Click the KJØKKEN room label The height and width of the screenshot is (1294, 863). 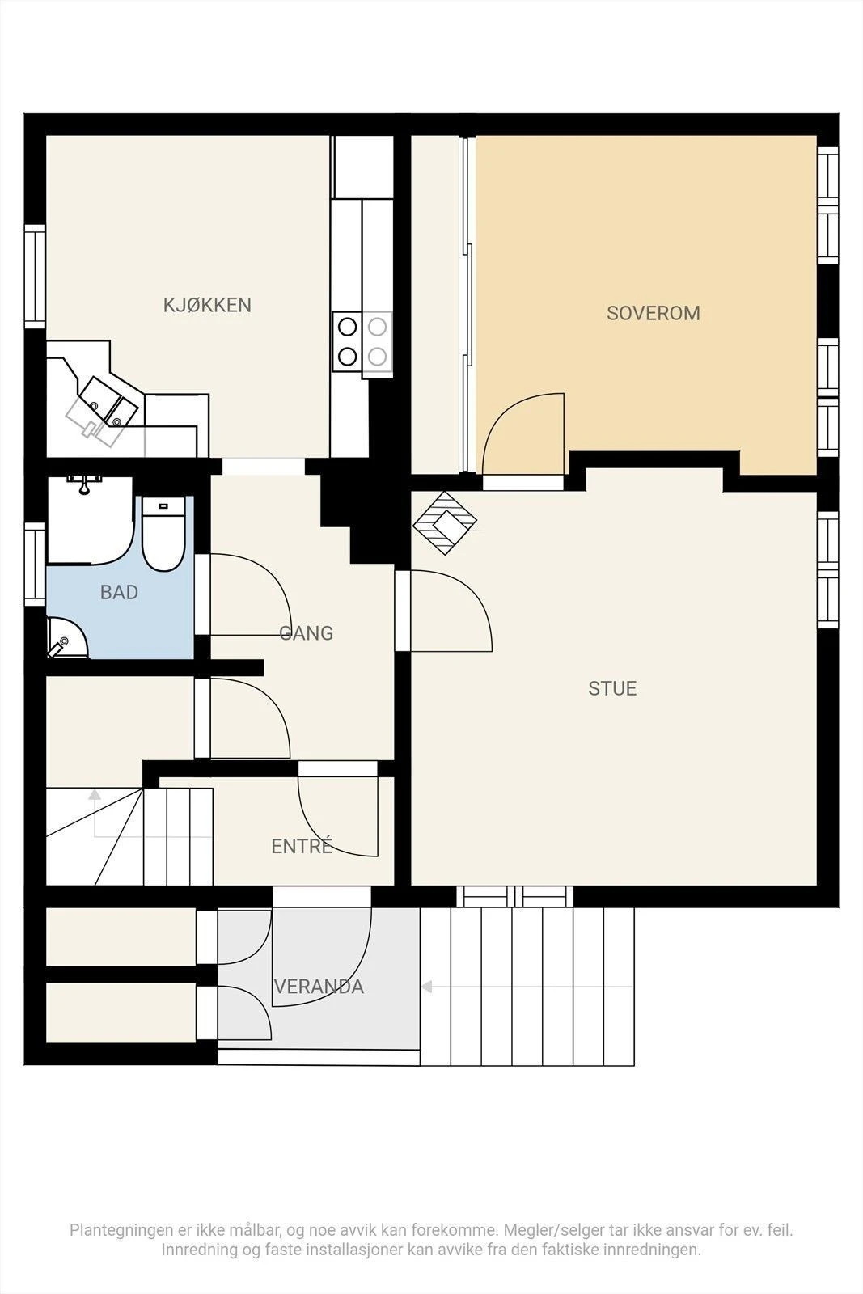[x=207, y=305]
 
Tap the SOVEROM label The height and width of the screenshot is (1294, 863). [x=654, y=313]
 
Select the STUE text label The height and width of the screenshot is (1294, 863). [x=612, y=688]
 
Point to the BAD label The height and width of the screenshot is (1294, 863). [x=119, y=592]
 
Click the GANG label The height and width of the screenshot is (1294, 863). [x=307, y=633]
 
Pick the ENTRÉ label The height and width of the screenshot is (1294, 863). [x=302, y=846]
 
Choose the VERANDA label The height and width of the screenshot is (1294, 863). [x=319, y=987]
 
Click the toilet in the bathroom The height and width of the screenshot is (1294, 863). [x=163, y=535]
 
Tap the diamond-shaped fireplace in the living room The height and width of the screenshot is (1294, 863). [x=445, y=522]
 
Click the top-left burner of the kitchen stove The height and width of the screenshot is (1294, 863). [x=347, y=327]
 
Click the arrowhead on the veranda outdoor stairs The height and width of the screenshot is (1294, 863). [x=427, y=987]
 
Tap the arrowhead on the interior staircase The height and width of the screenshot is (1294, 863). [x=95, y=794]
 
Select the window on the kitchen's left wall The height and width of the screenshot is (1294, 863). [x=35, y=276]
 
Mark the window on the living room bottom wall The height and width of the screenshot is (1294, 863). [x=514, y=896]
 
